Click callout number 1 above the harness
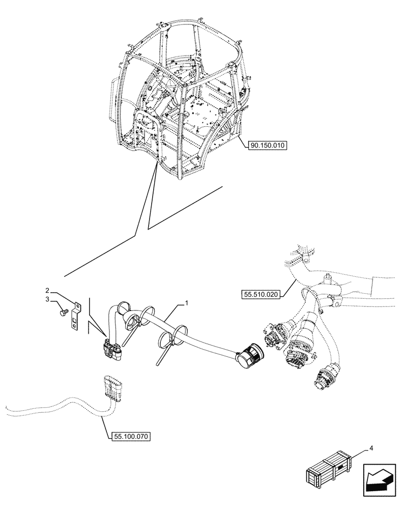[x=187, y=303]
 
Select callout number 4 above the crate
[x=372, y=448]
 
